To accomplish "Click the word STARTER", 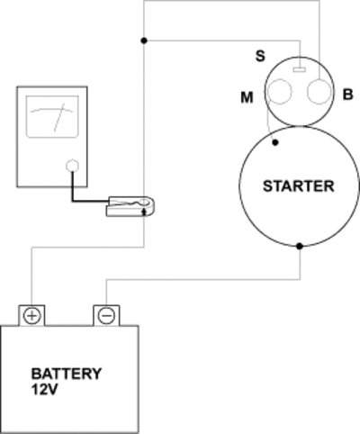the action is click(299, 186).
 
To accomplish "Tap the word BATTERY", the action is click(67, 374).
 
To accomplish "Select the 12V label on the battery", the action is click(44, 390).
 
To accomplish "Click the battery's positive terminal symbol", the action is click(31, 316).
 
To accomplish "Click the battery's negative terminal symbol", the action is click(106, 316).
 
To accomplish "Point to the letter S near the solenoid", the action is click(260, 56).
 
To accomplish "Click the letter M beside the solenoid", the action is click(247, 97).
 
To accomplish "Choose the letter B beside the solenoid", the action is click(347, 95).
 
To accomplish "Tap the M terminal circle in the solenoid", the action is click(279, 92).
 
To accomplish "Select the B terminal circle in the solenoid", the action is click(319, 92).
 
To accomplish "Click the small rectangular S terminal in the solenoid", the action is click(299, 70).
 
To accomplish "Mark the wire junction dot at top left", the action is click(144, 41).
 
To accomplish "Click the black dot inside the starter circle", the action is click(275, 142).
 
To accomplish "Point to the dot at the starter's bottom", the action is click(300, 246).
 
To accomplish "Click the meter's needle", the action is click(59, 118).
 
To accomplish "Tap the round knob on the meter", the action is click(72, 166).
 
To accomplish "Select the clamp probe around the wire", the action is click(130, 206).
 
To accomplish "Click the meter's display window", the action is click(52, 117).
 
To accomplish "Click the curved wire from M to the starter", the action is click(268, 120).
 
